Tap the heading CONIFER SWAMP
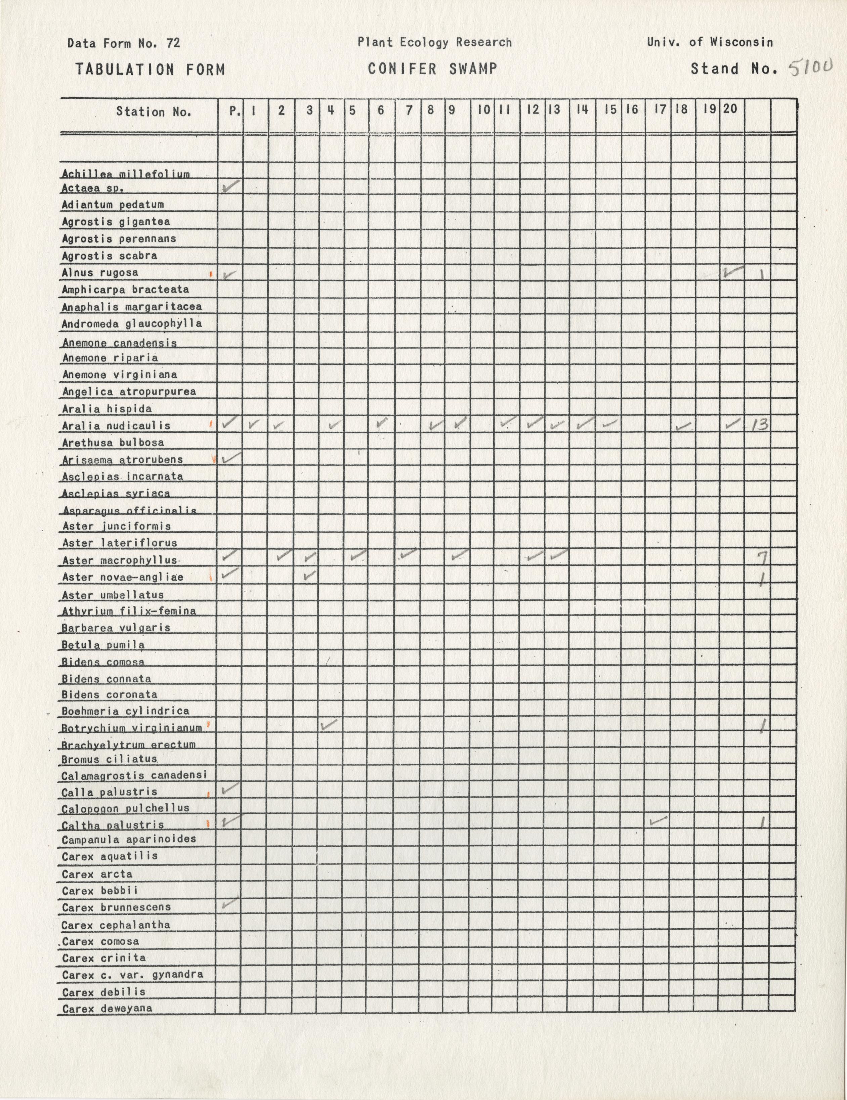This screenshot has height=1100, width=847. point(432,69)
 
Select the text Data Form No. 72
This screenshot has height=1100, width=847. point(123,43)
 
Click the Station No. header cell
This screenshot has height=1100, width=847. point(154,112)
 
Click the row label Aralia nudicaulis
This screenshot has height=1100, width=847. point(116,426)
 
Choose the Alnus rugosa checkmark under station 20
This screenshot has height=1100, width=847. point(733,272)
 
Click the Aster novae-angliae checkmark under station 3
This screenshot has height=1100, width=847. point(310,575)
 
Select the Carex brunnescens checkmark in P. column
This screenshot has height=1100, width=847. point(229,903)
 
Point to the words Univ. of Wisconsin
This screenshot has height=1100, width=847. point(710,42)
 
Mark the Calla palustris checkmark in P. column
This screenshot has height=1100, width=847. point(229,788)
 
